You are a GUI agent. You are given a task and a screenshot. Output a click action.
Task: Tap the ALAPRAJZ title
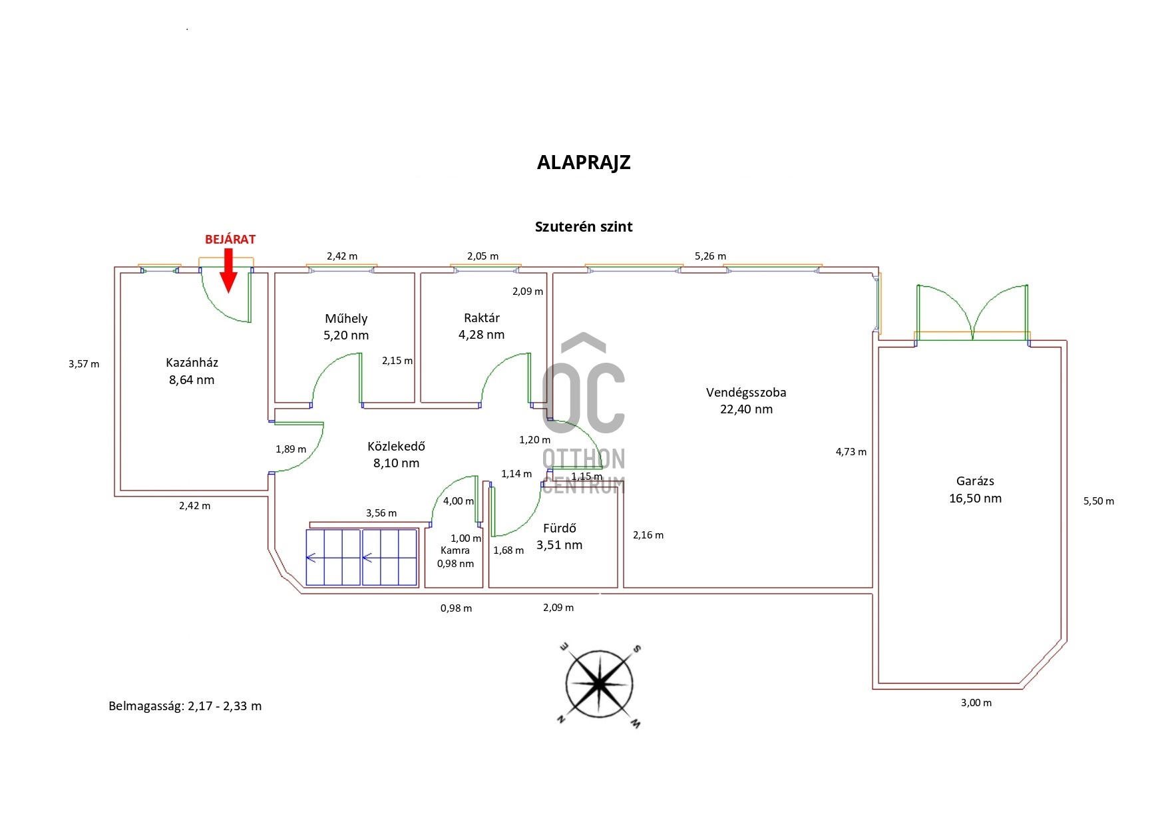tap(584, 162)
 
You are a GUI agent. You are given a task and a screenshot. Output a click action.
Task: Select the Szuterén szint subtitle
tap(584, 226)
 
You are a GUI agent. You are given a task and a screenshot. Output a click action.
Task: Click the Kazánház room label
tap(192, 363)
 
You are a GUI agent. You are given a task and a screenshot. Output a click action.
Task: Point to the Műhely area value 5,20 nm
tap(346, 335)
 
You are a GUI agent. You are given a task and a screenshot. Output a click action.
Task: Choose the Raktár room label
tap(481, 318)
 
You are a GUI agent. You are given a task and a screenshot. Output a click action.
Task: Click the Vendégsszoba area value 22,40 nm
tap(746, 409)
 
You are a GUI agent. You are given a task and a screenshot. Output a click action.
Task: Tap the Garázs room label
tap(975, 481)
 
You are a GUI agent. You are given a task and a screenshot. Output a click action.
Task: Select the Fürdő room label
tap(560, 528)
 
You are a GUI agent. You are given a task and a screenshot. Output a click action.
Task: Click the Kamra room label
tap(455, 550)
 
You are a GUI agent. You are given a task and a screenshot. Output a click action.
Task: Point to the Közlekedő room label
tap(396, 446)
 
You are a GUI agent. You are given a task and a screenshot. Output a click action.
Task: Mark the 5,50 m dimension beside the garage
tap(1098, 501)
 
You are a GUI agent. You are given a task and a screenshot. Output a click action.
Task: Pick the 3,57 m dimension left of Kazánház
tap(84, 364)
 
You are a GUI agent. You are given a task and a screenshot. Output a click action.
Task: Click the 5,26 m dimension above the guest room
tap(710, 256)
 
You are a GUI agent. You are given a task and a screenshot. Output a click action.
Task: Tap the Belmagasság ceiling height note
tap(185, 706)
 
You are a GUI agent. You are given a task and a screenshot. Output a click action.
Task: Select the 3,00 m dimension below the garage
tap(976, 703)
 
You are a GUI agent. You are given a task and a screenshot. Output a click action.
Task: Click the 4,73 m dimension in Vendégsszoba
tap(851, 452)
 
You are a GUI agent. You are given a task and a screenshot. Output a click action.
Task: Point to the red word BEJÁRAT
tap(230, 240)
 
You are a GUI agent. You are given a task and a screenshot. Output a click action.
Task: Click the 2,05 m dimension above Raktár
tap(483, 256)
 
